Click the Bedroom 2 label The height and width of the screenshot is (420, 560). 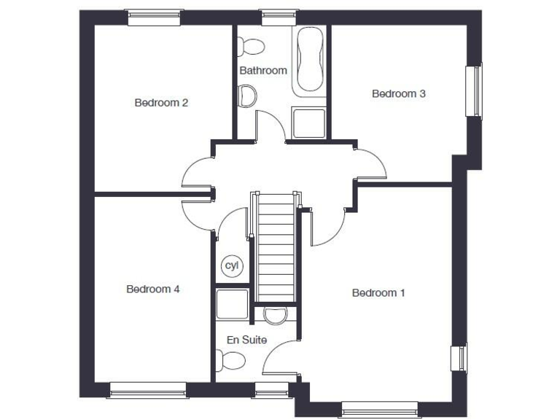(x=161, y=103)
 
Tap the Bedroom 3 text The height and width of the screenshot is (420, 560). (x=398, y=93)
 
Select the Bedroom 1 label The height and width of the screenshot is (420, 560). (x=378, y=293)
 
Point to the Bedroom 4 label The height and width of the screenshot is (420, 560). (x=153, y=289)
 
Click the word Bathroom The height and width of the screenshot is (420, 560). (x=263, y=71)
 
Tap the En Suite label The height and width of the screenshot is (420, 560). (x=246, y=340)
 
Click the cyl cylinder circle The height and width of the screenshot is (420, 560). (x=232, y=265)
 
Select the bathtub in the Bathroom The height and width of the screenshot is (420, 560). (x=310, y=61)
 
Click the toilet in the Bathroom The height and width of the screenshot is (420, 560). (x=252, y=46)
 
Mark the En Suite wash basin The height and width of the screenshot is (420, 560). (x=275, y=314)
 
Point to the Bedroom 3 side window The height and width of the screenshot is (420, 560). (x=475, y=90)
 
